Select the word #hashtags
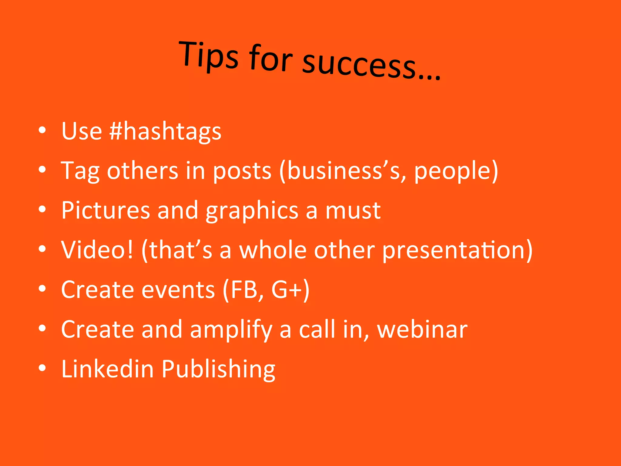(166, 132)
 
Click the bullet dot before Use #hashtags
(42, 130)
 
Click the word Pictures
(106, 210)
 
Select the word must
(353, 210)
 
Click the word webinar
(422, 329)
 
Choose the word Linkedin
(108, 369)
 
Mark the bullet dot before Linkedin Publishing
(42, 368)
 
